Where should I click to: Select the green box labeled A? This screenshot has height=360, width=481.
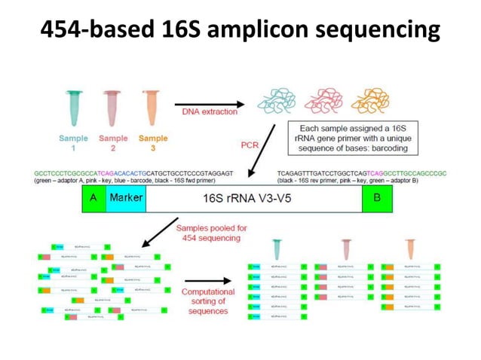(x=93, y=197)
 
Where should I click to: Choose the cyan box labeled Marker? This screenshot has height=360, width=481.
(x=125, y=197)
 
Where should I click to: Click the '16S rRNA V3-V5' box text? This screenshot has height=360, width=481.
(x=252, y=199)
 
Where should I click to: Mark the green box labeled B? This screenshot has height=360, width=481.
(x=377, y=197)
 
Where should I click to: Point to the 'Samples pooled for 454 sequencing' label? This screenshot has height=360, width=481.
(x=209, y=233)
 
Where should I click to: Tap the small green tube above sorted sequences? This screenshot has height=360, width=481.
(x=277, y=249)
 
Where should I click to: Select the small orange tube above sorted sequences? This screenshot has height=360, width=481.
(x=410, y=249)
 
